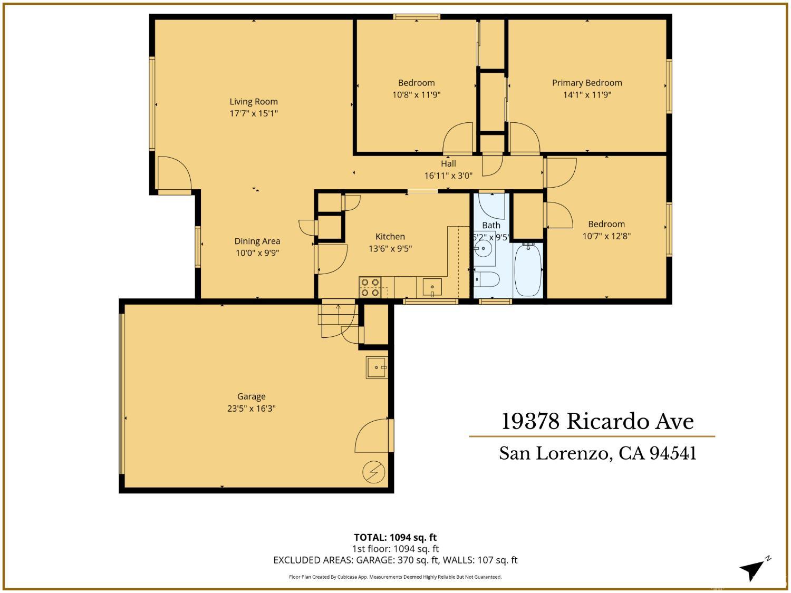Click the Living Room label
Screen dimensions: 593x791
tap(253, 102)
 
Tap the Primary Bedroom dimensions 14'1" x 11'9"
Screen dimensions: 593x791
tap(587, 95)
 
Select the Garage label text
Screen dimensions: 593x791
tap(251, 396)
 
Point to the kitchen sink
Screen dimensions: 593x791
tap(432, 288)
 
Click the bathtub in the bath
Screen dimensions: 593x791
tap(527, 270)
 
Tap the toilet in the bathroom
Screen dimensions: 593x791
tap(486, 279)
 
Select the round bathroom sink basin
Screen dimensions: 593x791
tap(483, 248)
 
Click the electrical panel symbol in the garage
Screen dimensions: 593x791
tap(374, 471)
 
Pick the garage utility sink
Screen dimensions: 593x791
tap(378, 367)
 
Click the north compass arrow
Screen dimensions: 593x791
tap(753, 569)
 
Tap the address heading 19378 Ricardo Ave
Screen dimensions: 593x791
tap(597, 421)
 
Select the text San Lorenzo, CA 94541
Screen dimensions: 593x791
tap(597, 453)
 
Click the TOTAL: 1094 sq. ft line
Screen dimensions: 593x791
tap(395, 538)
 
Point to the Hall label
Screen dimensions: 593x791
tap(448, 163)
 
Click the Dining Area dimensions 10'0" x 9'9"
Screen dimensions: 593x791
tap(257, 253)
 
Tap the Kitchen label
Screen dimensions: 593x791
tap(390, 237)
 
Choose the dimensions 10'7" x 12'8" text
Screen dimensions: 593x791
tap(606, 236)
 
